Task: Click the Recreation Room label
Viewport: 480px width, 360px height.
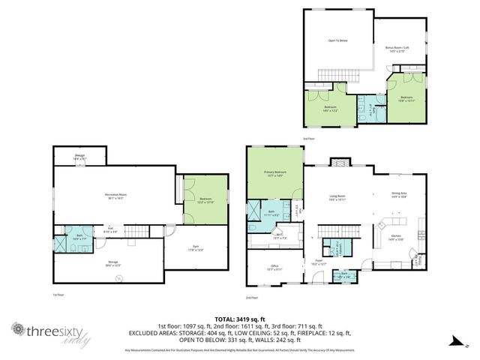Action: click(x=114, y=194)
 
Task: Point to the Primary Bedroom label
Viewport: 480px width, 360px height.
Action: click(x=275, y=172)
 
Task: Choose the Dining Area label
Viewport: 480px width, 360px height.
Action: click(x=399, y=193)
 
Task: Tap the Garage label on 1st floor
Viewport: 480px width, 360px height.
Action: click(x=79, y=154)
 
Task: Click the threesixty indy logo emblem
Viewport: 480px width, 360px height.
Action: click(x=16, y=329)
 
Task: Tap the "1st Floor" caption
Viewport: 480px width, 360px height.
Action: click(x=58, y=294)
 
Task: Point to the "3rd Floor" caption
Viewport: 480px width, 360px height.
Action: click(x=307, y=138)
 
